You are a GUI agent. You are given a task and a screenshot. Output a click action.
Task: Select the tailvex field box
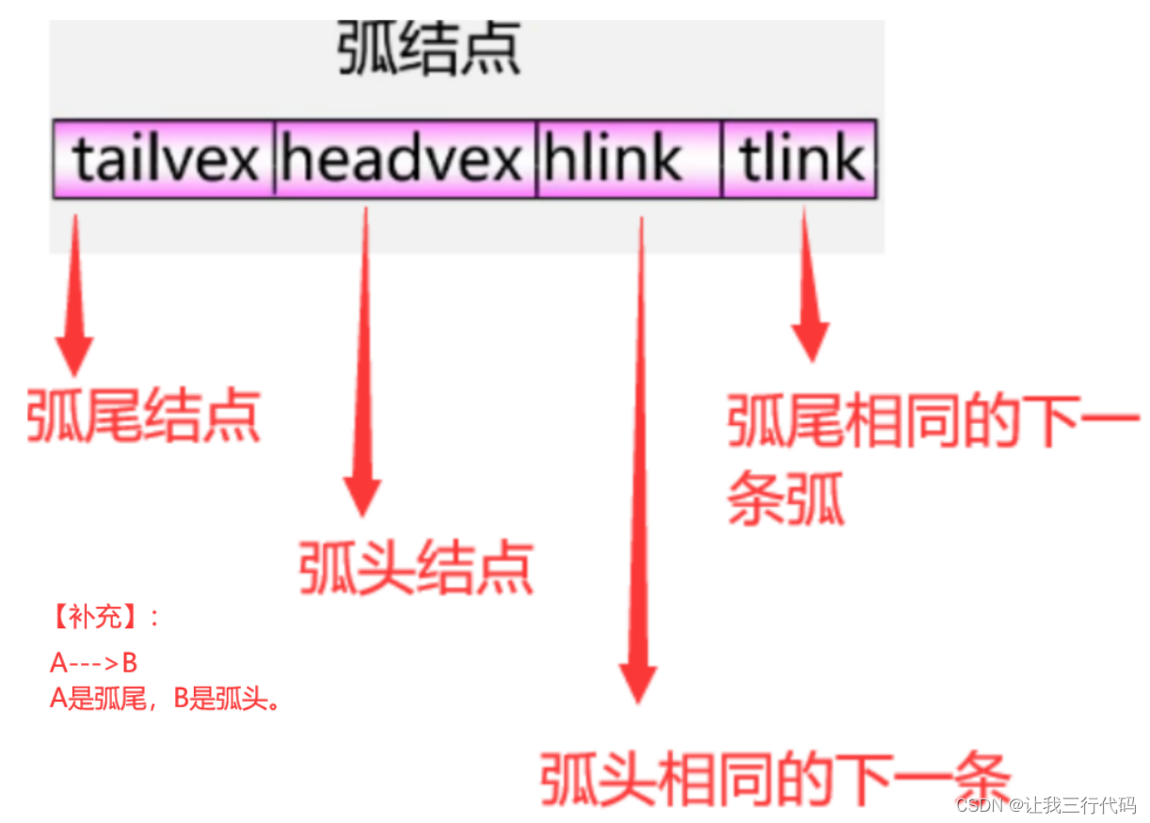(x=164, y=159)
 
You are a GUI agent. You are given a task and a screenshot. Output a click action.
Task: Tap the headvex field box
(x=405, y=159)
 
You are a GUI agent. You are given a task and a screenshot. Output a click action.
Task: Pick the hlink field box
(x=629, y=159)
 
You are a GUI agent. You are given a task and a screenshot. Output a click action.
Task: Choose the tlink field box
(x=800, y=159)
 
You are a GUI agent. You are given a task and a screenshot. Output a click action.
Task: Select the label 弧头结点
(x=416, y=566)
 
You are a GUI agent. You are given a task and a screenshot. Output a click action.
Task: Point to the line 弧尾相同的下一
(x=932, y=420)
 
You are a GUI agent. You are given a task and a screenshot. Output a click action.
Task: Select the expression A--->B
(x=93, y=663)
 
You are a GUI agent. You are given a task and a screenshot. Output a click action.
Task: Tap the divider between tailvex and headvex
(x=275, y=159)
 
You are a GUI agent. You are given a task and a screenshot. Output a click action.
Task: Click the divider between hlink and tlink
(x=723, y=159)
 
